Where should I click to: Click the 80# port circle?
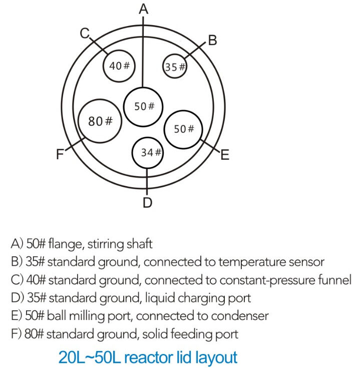pyautogui.click(x=101, y=121)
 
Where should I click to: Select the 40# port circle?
pyautogui.click(x=119, y=66)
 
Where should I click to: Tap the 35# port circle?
pyautogui.click(x=175, y=67)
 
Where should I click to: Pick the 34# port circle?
pyautogui.click(x=148, y=153)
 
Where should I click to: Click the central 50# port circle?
pyautogui.click(x=143, y=106)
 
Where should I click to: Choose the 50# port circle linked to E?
pyautogui.click(x=183, y=129)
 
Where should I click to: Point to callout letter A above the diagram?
pyautogui.click(x=144, y=9)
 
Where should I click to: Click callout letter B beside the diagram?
pyautogui.click(x=212, y=41)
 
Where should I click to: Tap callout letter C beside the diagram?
pyautogui.click(x=85, y=34)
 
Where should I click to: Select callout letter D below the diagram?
pyautogui.click(x=147, y=202)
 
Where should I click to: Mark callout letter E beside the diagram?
pyautogui.click(x=224, y=155)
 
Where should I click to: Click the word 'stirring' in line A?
pyautogui.click(x=107, y=244)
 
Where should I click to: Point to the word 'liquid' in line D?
pyautogui.click(x=159, y=298)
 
